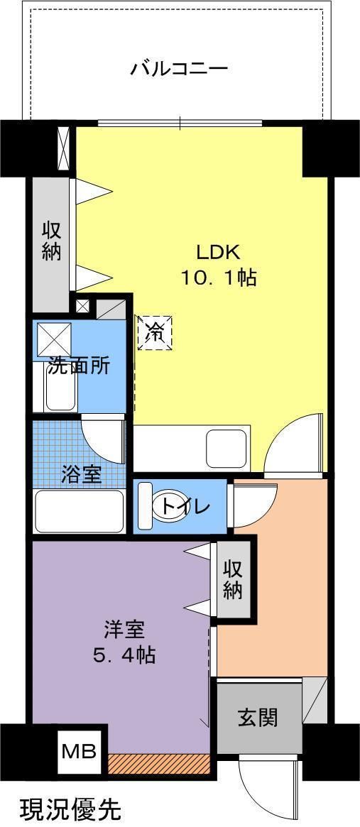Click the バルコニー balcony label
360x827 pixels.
(178, 69)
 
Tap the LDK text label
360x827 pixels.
(219, 251)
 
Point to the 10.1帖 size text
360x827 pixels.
(218, 277)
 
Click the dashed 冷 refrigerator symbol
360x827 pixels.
(154, 332)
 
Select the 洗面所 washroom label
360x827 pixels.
(79, 366)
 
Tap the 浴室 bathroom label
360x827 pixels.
(80, 475)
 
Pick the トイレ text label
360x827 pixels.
(185, 507)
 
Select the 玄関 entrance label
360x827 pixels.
(258, 718)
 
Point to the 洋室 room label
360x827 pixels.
(124, 629)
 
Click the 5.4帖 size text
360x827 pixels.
(124, 654)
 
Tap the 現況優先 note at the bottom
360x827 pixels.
(70, 809)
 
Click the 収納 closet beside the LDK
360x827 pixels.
(51, 241)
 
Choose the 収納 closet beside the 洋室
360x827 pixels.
(233, 579)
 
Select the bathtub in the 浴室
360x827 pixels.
(79, 510)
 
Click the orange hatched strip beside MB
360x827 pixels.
(159, 764)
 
